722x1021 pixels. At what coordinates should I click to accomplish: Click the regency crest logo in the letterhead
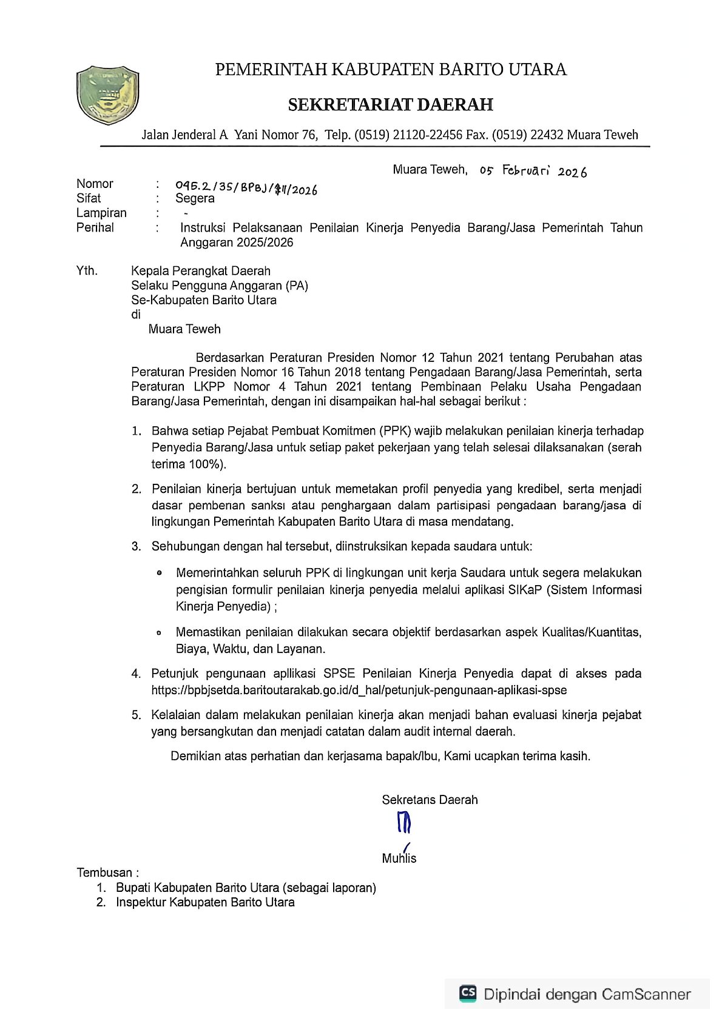[x=107, y=95]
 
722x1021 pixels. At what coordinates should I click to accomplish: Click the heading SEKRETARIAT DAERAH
[x=390, y=105]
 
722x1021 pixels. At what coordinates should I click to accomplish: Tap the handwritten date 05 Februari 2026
[x=533, y=171]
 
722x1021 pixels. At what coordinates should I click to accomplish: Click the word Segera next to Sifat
[x=195, y=198]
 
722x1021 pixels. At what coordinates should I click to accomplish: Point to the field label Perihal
[x=95, y=227]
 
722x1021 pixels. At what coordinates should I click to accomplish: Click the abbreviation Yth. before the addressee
[x=87, y=270]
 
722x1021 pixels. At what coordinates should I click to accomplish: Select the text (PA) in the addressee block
[x=297, y=286]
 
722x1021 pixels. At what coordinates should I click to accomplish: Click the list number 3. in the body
[x=137, y=546]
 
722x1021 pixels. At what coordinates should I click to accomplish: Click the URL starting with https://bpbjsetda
[x=359, y=690]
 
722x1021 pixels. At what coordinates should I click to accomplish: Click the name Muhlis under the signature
[x=399, y=858]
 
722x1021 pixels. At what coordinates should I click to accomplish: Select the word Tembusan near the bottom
[x=104, y=872]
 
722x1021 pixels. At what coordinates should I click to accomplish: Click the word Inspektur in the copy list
[x=141, y=902]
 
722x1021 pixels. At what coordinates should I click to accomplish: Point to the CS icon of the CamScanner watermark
[x=468, y=993]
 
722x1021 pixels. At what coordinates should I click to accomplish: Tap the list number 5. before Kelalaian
[x=137, y=715]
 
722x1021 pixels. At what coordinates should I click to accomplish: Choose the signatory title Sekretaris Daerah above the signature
[x=430, y=800]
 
